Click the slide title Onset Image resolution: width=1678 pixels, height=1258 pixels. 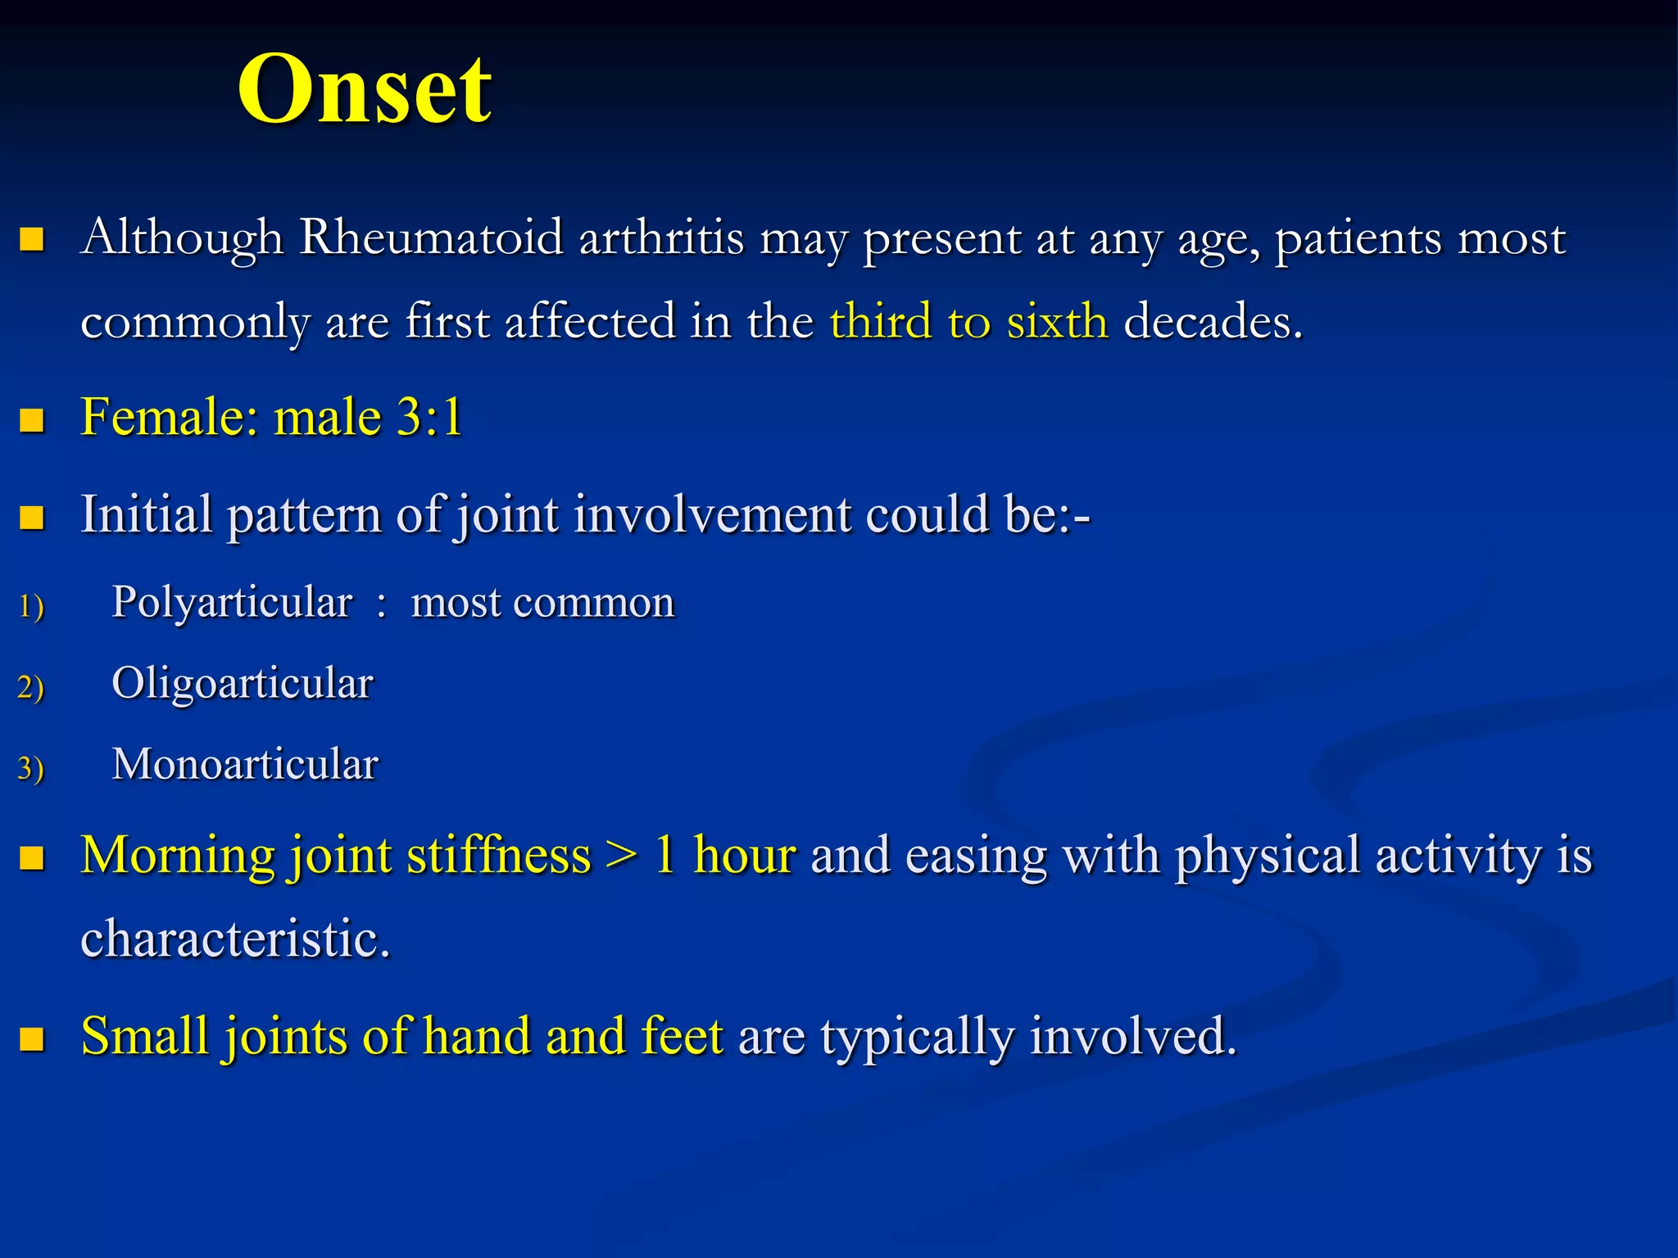coord(365,88)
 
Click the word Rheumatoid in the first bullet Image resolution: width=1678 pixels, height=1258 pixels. coord(431,238)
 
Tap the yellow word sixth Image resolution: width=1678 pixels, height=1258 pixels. coord(1057,321)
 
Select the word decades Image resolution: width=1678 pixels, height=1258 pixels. coord(1212,321)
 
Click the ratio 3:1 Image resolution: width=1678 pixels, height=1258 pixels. coord(429,417)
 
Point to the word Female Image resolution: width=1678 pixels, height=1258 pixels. coord(169,417)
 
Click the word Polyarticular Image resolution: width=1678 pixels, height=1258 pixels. coord(232,603)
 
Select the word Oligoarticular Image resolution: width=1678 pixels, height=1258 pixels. coord(243,683)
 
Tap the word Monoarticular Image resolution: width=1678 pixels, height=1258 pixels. coord(245,764)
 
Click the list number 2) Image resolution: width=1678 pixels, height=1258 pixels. coord(30,686)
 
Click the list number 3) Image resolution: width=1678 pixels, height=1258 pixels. coord(30,768)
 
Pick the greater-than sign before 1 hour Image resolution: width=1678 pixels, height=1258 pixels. coord(622,856)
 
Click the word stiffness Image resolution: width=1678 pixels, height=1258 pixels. coord(498,856)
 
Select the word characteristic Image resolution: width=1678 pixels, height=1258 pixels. coord(235,939)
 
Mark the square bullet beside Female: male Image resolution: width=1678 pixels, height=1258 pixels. coord(32,420)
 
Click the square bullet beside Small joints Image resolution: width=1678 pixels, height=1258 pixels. coord(32,1039)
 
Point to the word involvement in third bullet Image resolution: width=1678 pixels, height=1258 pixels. coord(712,515)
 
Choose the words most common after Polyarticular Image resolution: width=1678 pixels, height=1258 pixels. coord(542,603)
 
